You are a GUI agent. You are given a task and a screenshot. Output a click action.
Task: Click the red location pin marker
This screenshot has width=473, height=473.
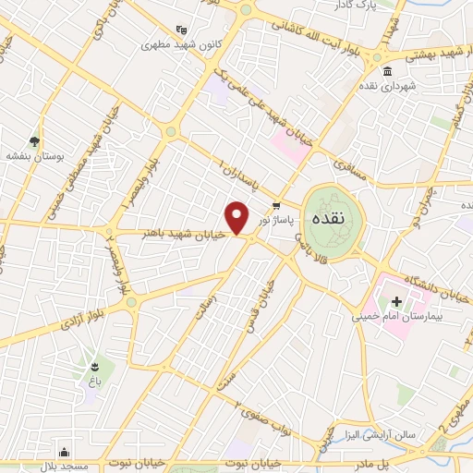coord(238,217)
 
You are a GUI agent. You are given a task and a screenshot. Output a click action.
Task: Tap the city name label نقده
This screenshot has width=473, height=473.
coord(330,220)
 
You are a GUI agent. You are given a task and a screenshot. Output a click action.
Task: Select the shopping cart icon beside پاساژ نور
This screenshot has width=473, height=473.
coord(275,205)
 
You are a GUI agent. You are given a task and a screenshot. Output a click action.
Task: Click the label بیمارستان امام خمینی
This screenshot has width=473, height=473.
coord(396,316)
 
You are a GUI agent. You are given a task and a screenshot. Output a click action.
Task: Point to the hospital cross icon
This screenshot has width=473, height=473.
coord(396,301)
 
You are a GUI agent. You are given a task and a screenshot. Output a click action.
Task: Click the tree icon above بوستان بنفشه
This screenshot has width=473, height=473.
coord(34,141)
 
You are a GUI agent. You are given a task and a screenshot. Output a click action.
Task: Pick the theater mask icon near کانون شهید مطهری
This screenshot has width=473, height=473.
coord(180,30)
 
